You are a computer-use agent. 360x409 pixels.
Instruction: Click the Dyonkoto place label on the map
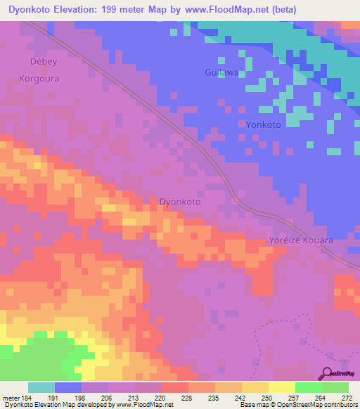[x=181, y=201]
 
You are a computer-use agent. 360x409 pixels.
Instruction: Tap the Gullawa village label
[x=222, y=72]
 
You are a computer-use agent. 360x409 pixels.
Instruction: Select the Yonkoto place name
[x=264, y=124]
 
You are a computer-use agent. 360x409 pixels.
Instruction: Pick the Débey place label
[x=35, y=60]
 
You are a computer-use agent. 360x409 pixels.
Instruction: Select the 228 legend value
[x=186, y=398]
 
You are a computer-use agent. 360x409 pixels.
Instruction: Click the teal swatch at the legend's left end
[x=41, y=387]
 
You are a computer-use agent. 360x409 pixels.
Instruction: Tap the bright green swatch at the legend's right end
[x=335, y=387]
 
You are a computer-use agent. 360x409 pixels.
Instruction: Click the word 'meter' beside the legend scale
[x=10, y=398]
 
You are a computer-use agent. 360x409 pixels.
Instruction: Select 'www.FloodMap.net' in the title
[x=219, y=10]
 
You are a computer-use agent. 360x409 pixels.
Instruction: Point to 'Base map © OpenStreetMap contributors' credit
[x=296, y=405]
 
